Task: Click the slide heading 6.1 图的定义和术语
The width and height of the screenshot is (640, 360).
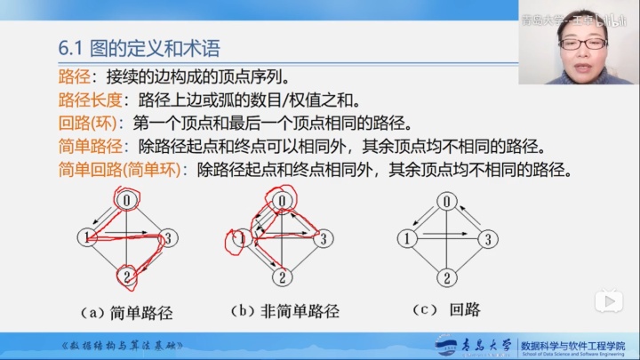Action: pyautogui.click(x=139, y=47)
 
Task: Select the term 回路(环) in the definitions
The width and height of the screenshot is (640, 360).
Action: pyautogui.click(x=88, y=122)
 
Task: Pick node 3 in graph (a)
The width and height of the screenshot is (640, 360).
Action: pyautogui.click(x=169, y=237)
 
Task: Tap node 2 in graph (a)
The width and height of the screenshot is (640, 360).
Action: pyautogui.click(x=129, y=276)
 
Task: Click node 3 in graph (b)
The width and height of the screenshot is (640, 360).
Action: pyautogui.click(x=324, y=237)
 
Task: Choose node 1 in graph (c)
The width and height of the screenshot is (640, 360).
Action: pyautogui.click(x=407, y=238)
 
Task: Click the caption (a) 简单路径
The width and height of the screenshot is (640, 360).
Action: pyautogui.click(x=126, y=312)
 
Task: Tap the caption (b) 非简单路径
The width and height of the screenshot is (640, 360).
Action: pyautogui.click(x=284, y=312)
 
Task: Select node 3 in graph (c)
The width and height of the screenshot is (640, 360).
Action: pyautogui.click(x=485, y=238)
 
